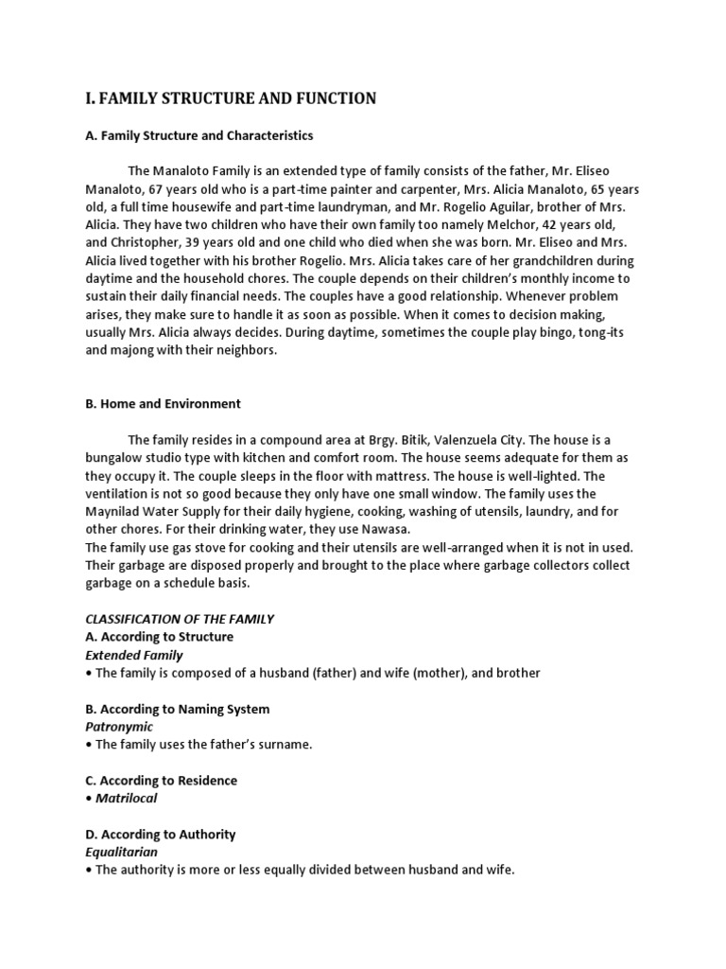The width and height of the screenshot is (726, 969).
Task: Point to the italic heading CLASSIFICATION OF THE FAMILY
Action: point(180,619)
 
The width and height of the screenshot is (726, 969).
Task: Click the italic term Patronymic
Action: point(119,727)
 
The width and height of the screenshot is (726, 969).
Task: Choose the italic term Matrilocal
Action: point(127,798)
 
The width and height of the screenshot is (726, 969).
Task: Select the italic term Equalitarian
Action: point(122,852)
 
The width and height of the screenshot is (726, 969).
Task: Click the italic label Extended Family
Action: point(134,655)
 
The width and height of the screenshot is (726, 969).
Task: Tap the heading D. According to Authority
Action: point(161,835)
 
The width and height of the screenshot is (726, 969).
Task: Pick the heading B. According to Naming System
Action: point(178,709)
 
